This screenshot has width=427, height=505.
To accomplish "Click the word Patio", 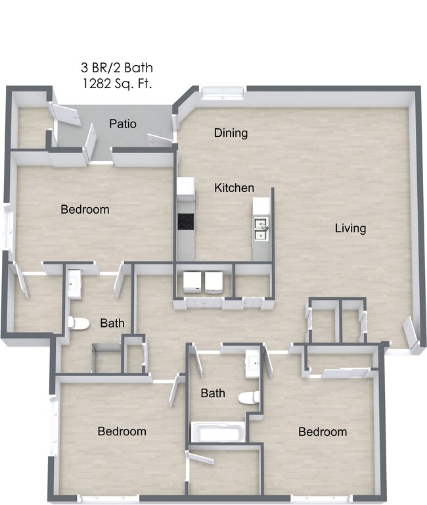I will (123, 123).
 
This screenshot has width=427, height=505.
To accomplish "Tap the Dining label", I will (231, 133).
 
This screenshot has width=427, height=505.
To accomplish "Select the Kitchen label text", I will (234, 188).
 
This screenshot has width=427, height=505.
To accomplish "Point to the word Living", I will (350, 228).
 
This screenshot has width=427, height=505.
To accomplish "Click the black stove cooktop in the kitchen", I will (186, 222).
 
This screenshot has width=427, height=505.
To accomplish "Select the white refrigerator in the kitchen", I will (185, 189).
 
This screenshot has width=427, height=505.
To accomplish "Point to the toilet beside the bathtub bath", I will (249, 397).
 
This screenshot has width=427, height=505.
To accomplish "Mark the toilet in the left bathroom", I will (78, 323).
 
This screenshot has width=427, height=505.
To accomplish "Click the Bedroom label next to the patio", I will (85, 210).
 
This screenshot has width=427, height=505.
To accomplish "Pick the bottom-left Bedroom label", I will (122, 431).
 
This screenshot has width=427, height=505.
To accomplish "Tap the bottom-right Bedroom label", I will (322, 432).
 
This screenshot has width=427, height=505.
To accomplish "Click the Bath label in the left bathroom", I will (112, 323).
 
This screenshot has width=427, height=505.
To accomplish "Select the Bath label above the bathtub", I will (213, 393).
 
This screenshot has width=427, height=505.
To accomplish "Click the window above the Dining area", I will (223, 92).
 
